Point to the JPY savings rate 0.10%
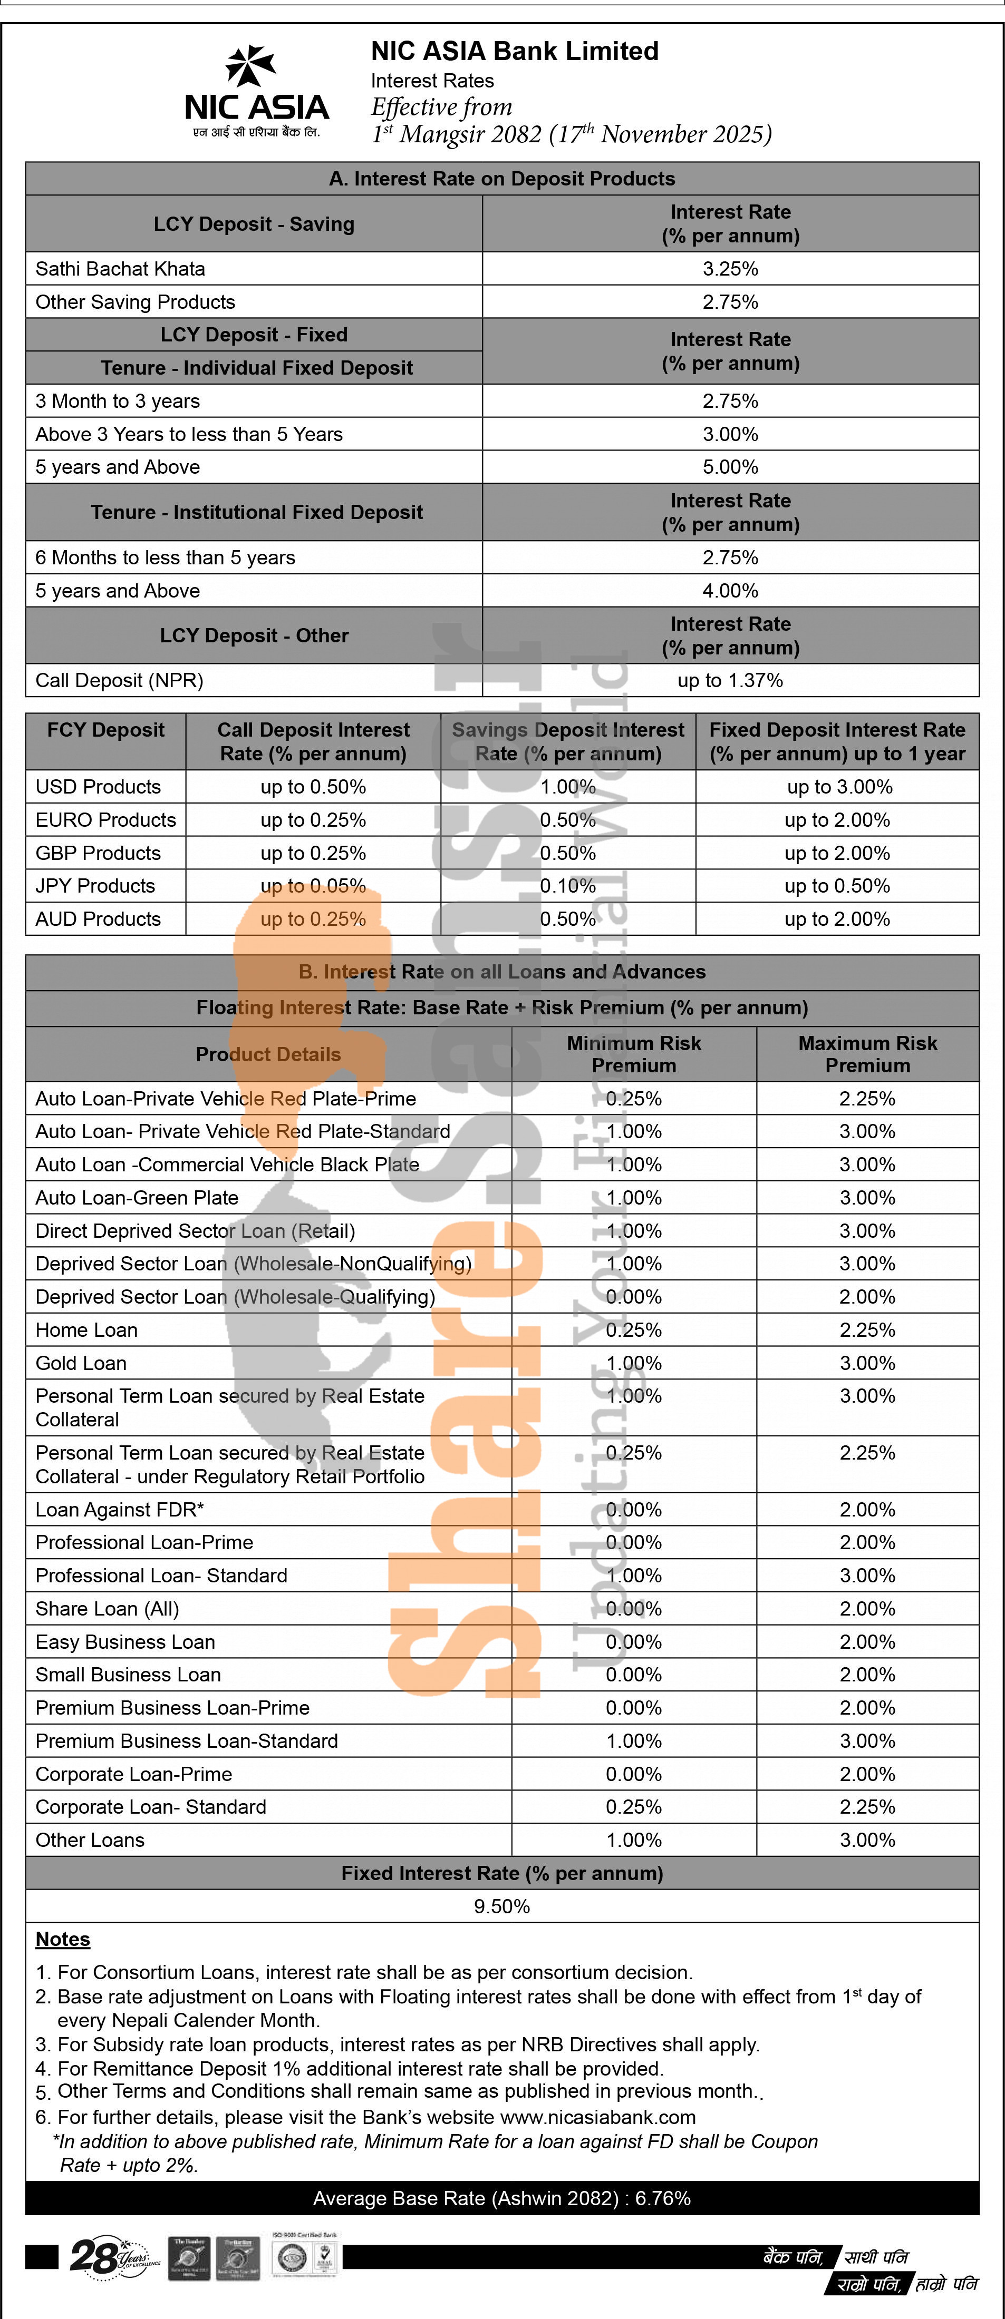tap(568, 886)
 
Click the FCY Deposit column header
tap(105, 730)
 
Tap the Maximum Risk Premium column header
tap(867, 1054)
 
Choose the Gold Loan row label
tap(81, 1363)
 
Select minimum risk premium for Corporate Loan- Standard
tap(634, 1807)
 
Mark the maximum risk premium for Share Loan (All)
tap(867, 1609)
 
